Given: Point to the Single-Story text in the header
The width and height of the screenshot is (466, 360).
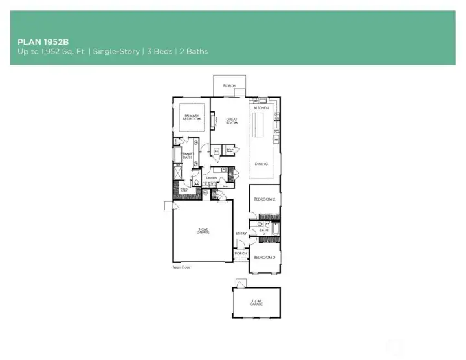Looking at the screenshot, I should (116, 51).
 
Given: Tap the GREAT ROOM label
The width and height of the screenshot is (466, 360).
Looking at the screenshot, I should (232, 120).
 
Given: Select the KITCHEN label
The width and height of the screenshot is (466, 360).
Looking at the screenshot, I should (261, 107).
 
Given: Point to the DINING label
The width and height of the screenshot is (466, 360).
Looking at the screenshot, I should (261, 164).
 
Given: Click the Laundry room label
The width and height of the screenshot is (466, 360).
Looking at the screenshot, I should (212, 177).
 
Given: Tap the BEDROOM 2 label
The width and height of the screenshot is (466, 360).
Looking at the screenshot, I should (264, 199).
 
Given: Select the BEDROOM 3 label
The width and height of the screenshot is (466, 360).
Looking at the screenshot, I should (264, 258).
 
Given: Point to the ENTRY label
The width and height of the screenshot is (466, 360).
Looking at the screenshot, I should (241, 234).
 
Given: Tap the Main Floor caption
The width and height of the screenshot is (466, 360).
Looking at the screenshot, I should (181, 267).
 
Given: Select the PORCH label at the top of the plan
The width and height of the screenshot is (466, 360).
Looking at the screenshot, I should (229, 85).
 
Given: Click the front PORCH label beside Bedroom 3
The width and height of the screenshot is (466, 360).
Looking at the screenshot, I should (241, 253).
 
